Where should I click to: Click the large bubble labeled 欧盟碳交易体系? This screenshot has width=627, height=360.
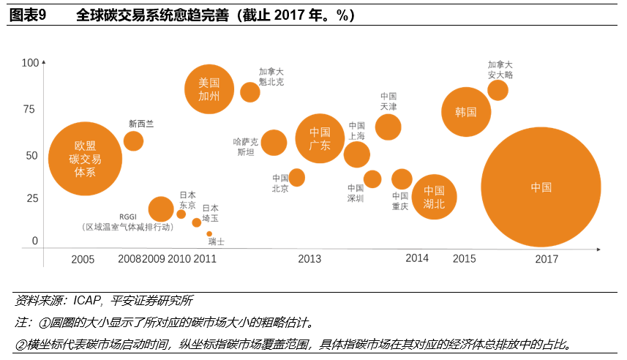[86, 158]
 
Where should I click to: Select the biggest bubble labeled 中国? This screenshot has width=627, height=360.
[541, 187]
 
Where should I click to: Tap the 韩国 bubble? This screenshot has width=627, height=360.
[466, 112]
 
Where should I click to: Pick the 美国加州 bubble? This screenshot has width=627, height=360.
[209, 89]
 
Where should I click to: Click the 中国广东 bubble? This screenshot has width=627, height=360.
[320, 138]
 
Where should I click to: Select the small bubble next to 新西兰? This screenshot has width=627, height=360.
[133, 140]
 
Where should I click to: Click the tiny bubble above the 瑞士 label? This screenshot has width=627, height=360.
[209, 234]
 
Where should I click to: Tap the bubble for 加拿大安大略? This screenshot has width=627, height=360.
[498, 90]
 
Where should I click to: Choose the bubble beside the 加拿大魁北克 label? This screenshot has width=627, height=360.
[250, 92]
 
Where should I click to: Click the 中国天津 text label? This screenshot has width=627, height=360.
[388, 101]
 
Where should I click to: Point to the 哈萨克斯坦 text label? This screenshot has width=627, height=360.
[246, 146]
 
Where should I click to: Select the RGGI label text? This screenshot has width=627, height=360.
[129, 217]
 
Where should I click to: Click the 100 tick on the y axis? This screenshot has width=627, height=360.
[30, 64]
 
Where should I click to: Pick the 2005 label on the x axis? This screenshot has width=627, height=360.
[83, 259]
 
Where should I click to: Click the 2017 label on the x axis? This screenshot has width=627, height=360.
[547, 259]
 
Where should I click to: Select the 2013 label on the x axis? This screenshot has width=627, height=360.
[309, 259]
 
